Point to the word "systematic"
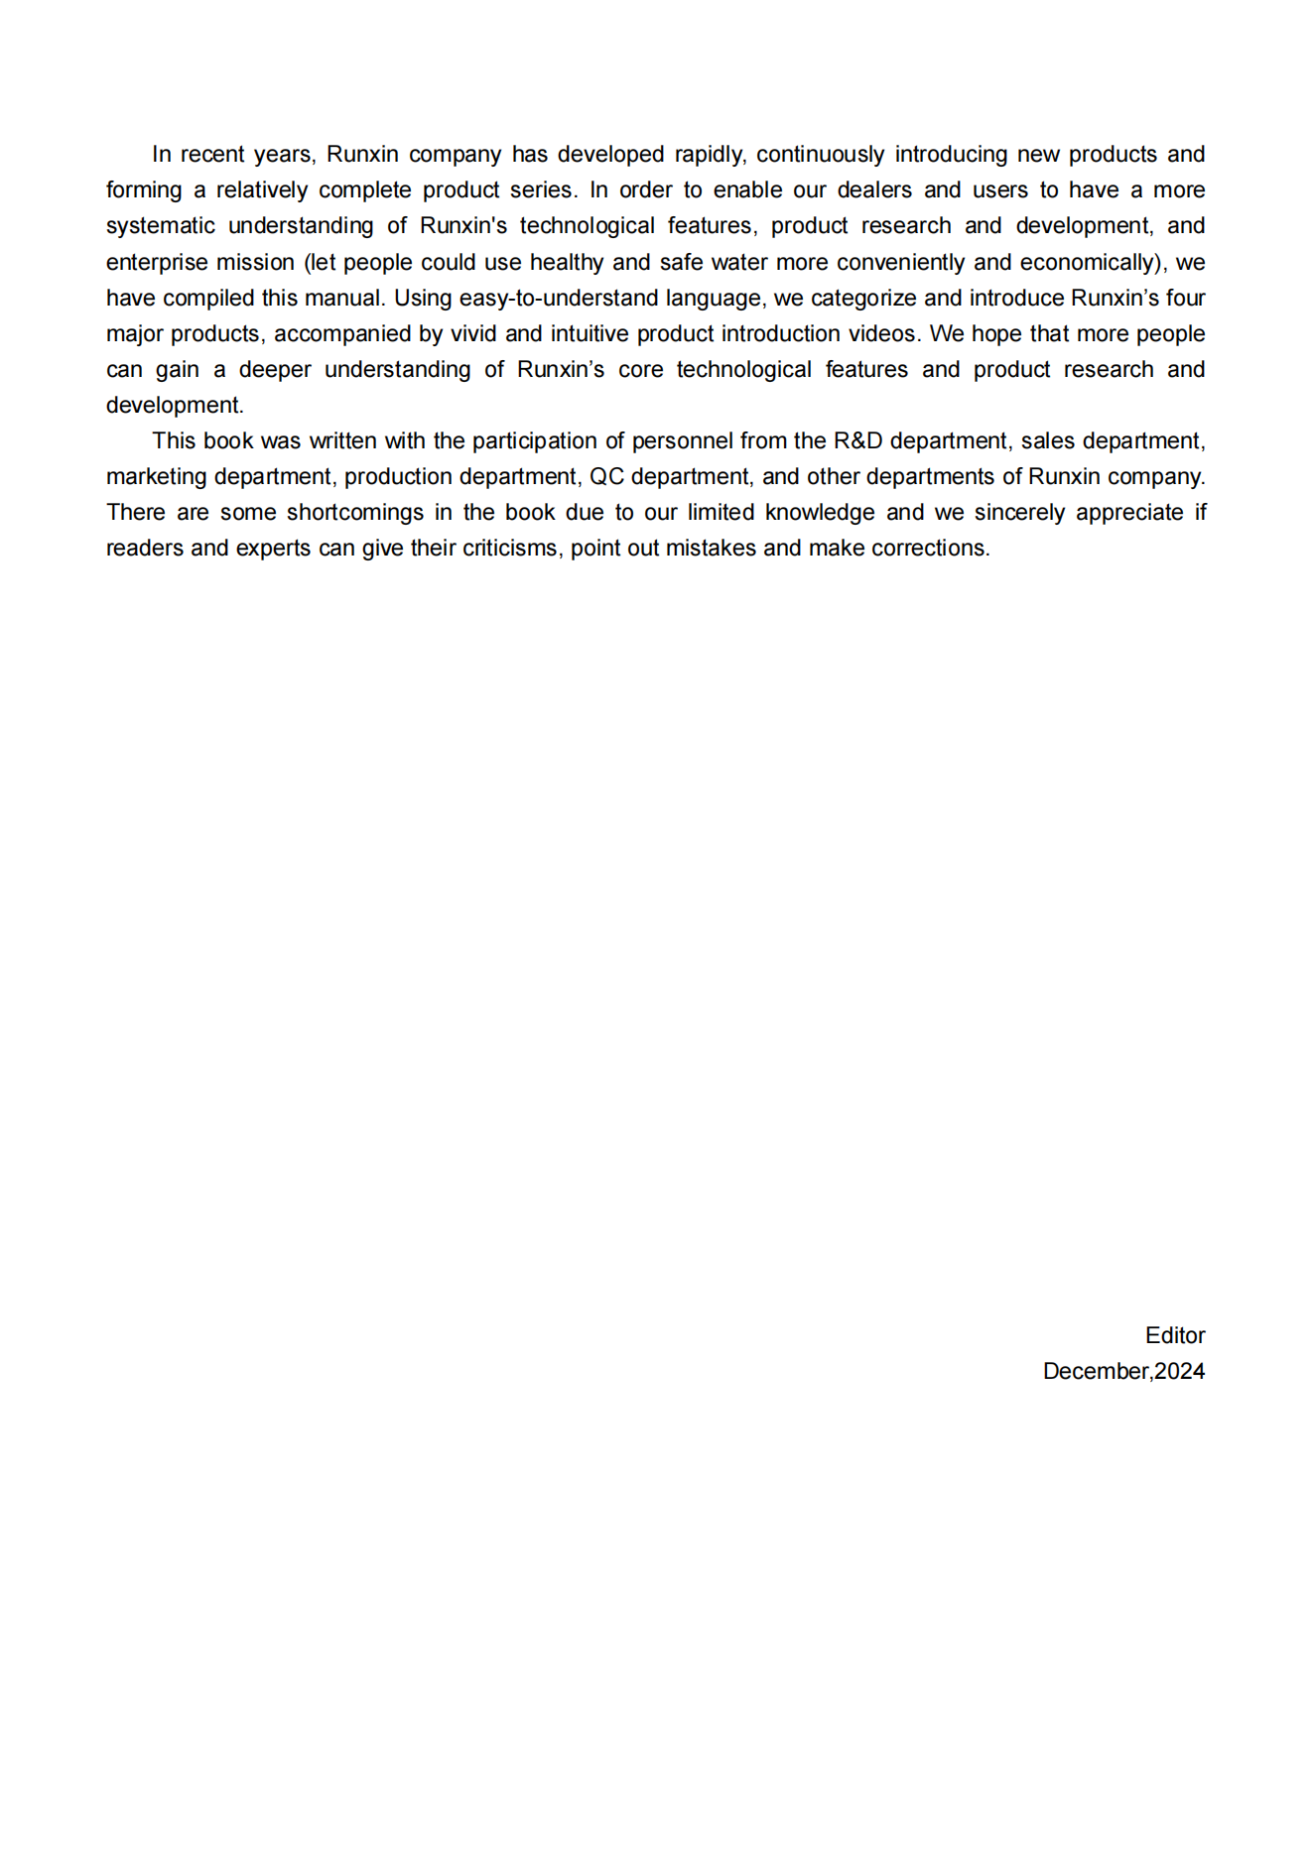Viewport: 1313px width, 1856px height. (x=161, y=226)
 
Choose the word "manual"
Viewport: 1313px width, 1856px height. (x=348, y=299)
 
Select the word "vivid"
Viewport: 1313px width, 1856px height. (x=473, y=334)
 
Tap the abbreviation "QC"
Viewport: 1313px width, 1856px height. (x=606, y=477)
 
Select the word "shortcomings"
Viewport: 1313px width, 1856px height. (x=355, y=513)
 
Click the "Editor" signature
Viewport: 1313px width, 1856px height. (x=1175, y=1336)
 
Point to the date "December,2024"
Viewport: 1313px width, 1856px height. (x=1123, y=1372)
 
